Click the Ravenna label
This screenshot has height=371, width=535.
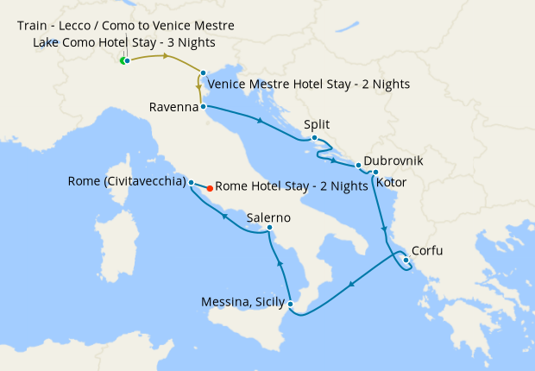(174, 108)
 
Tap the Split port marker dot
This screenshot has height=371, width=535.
(315, 138)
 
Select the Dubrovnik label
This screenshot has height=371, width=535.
(393, 160)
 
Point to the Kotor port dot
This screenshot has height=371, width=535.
(375, 173)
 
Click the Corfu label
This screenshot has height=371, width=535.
(430, 251)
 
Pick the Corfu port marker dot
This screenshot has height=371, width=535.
(406, 260)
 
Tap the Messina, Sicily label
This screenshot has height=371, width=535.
(243, 302)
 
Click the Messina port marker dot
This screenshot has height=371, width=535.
(291, 304)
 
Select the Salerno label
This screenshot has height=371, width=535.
(267, 217)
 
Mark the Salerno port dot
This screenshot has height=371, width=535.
(270, 228)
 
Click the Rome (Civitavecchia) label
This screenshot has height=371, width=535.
(127, 181)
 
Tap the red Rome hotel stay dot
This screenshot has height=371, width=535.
(210, 187)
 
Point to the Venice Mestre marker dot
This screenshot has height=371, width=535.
(203, 73)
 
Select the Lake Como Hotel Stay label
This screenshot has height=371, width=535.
(124, 42)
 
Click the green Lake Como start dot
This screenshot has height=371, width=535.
(123, 60)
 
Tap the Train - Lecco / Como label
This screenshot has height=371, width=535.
(125, 26)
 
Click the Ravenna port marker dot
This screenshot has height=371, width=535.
(203, 107)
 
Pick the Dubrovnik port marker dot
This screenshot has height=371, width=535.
(358, 164)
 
